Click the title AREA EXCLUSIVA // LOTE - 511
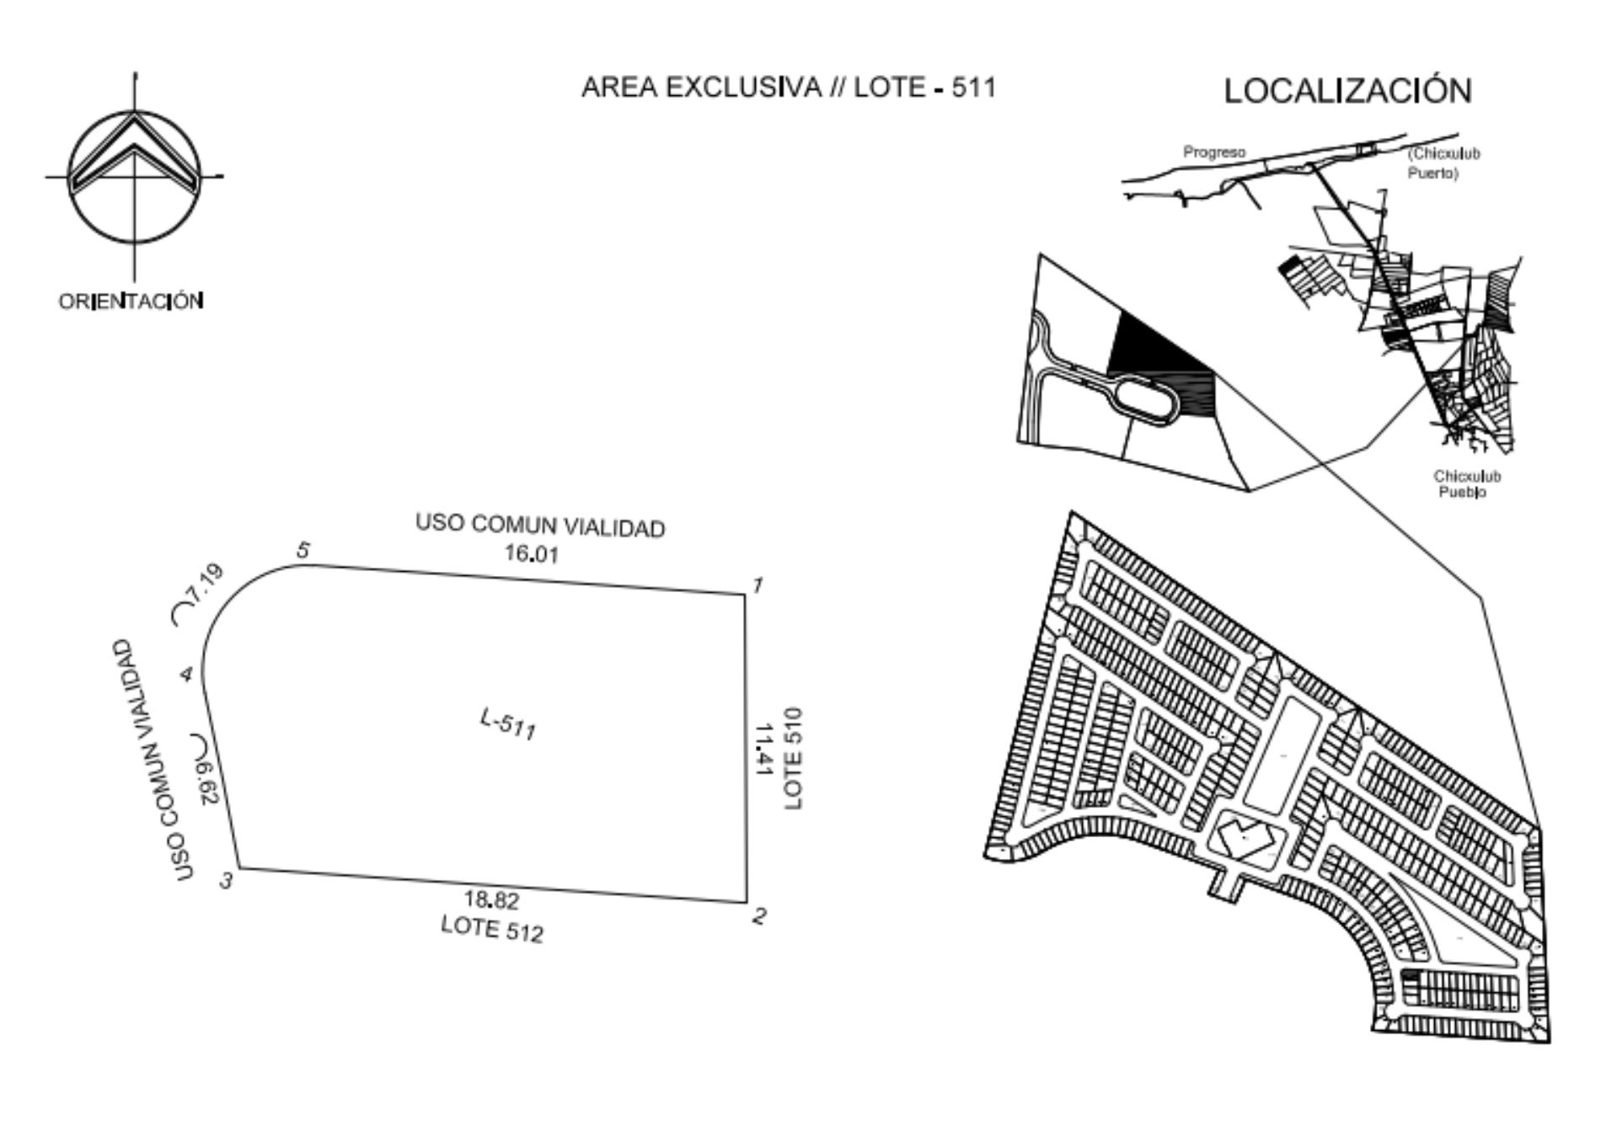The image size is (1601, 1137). [789, 87]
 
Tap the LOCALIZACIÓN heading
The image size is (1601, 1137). [1347, 90]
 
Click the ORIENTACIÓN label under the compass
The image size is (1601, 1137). [131, 301]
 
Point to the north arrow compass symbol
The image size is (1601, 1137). [134, 177]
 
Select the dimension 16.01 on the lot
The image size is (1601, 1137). [532, 553]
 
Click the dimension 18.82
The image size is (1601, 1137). [492, 900]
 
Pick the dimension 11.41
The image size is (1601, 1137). [763, 749]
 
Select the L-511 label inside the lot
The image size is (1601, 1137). [508, 724]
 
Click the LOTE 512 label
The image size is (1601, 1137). [492, 928]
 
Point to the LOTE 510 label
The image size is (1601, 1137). [793, 759]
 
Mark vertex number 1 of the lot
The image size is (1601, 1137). [745, 594]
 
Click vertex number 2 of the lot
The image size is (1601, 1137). [747, 902]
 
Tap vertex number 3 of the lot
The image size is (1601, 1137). [240, 867]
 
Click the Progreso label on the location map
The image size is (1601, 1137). [1214, 152]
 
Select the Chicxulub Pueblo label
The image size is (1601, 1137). [1467, 484]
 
